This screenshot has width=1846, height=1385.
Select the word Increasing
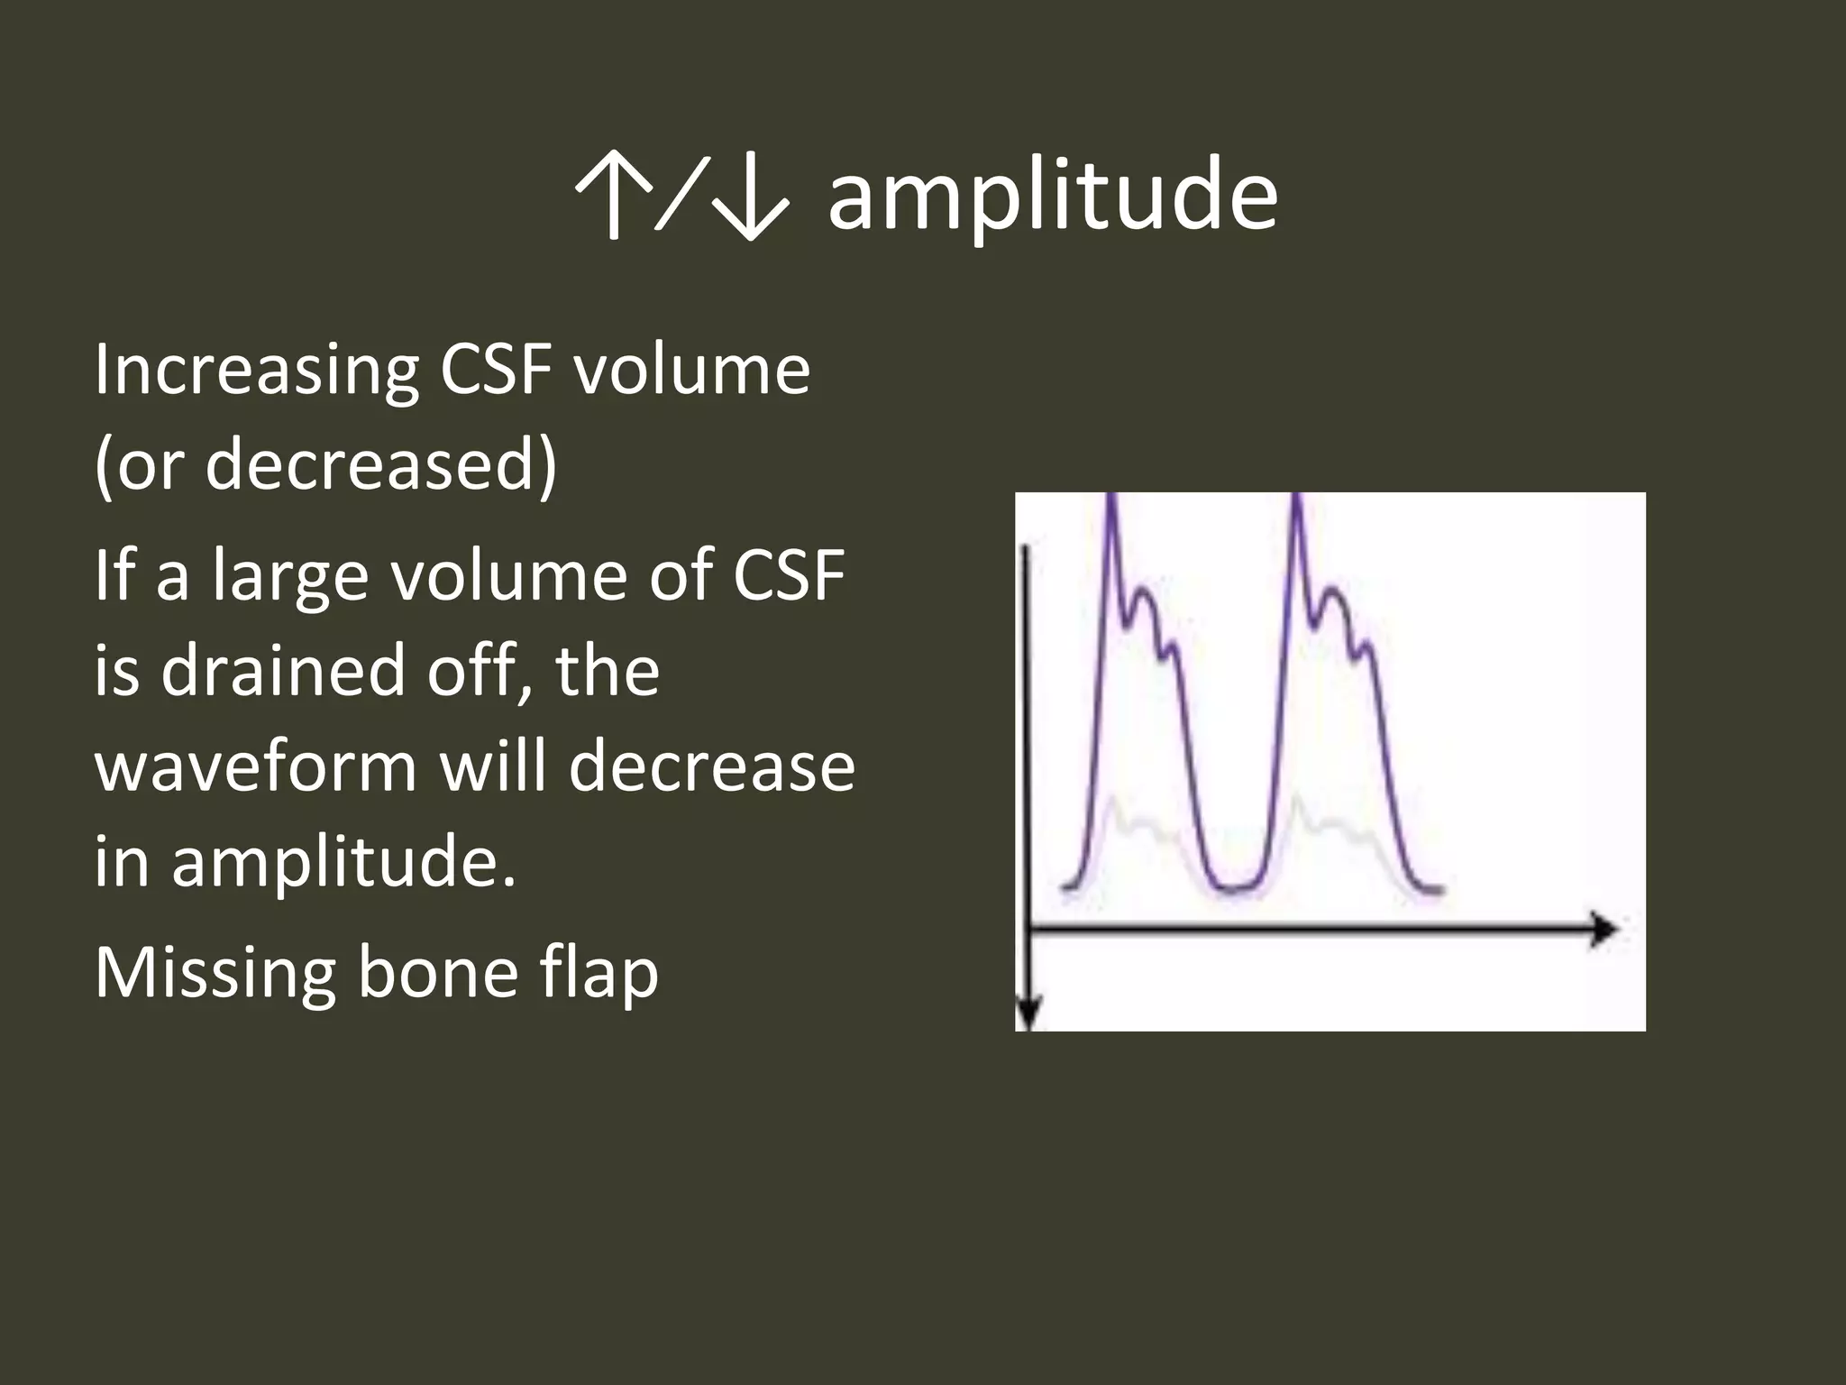coord(256,371)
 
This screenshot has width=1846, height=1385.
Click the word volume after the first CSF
coord(692,371)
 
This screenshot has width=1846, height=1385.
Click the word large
coord(290,577)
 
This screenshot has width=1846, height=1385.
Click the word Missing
coord(215,973)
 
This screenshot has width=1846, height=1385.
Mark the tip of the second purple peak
coord(1296,501)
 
